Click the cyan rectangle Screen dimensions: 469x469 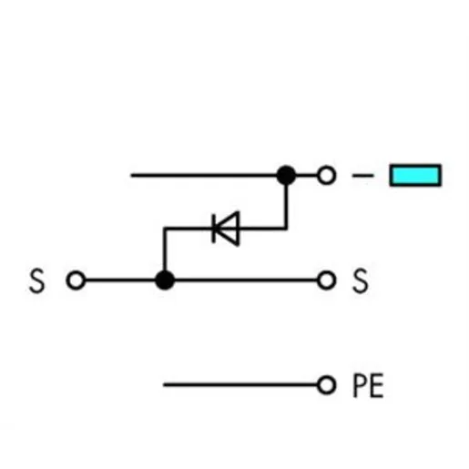[415, 175]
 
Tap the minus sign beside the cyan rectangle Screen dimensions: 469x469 [362, 176]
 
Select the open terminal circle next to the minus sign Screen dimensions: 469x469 [326, 175]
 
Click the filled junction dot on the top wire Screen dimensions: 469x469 [286, 175]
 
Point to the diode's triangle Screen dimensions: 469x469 [228, 229]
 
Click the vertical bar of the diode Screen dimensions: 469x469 [214, 229]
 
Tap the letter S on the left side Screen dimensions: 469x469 [36, 280]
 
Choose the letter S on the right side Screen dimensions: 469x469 [361, 280]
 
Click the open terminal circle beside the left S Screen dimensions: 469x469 [76, 280]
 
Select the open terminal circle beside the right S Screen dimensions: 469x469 [326, 280]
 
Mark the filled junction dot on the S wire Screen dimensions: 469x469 [165, 280]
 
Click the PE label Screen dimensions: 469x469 [368, 385]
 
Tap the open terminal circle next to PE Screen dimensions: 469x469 [326, 385]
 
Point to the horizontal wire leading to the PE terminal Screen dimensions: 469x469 [240, 385]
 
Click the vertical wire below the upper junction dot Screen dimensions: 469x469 [286, 207]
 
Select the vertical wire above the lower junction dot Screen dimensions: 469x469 [165, 249]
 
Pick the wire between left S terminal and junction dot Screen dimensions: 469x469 [120, 280]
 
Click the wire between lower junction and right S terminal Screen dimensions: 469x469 [246, 280]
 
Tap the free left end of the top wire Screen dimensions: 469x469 [131, 175]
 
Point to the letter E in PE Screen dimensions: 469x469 [377, 385]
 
